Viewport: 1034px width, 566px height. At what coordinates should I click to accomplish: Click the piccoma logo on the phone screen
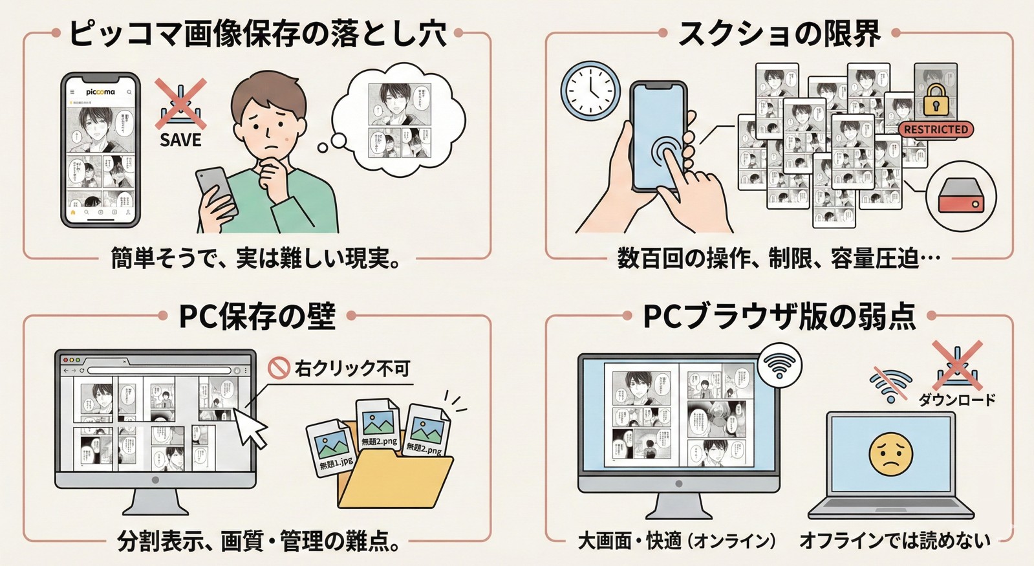click(x=100, y=92)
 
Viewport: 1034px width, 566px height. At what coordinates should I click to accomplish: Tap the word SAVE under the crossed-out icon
click(x=180, y=139)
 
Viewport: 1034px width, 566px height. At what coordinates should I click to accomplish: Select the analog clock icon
click(x=590, y=91)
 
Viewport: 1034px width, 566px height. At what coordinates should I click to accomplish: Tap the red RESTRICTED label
click(x=936, y=129)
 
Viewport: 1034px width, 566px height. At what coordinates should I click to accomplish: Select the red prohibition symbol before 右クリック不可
click(x=279, y=369)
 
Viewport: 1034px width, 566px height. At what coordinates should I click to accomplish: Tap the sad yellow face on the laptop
click(x=890, y=453)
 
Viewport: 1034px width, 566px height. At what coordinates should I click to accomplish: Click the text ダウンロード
click(x=956, y=400)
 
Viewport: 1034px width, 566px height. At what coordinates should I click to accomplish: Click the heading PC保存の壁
click(x=257, y=316)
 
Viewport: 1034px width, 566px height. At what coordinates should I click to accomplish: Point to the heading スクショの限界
click(x=779, y=33)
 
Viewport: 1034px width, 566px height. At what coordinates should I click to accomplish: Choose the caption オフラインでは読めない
click(x=894, y=540)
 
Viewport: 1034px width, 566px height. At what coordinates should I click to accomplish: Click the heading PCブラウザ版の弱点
click(x=779, y=316)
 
